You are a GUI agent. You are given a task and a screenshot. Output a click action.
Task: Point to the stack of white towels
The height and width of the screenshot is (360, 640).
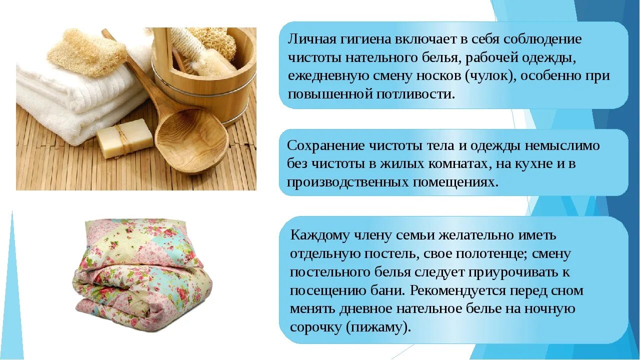(x=60, y=100)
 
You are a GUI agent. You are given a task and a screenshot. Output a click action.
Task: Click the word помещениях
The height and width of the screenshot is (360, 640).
(x=455, y=182)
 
